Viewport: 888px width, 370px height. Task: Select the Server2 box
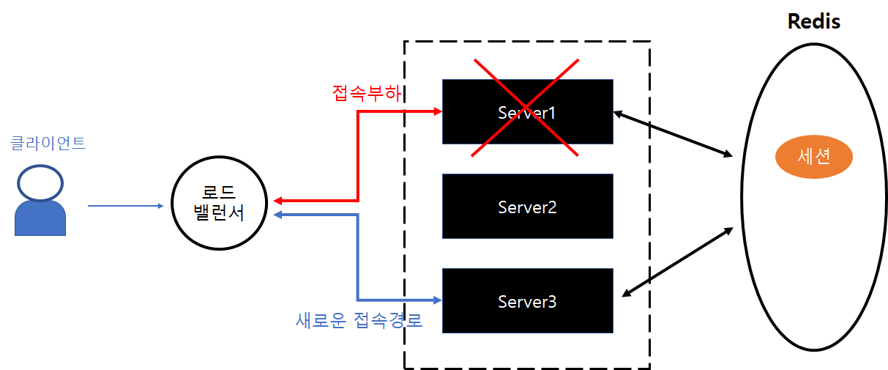coord(527,207)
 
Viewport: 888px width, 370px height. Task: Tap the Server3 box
coord(527,301)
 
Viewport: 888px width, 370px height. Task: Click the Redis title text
coord(813,21)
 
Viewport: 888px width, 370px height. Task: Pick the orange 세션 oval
coord(814,158)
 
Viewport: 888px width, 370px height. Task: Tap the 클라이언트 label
coord(48,142)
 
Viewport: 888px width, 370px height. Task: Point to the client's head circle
coord(40,183)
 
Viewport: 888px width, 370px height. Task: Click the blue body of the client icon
coord(40,219)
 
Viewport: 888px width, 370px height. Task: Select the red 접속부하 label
coord(369,94)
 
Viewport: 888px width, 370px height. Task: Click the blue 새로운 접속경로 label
coord(359,320)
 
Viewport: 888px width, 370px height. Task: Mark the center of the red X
coord(525,108)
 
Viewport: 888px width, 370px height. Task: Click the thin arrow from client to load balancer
coord(124,206)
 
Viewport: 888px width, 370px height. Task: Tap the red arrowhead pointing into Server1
coord(437,111)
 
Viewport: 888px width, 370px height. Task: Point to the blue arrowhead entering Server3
coord(437,300)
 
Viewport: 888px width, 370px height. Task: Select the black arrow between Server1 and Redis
coord(674,134)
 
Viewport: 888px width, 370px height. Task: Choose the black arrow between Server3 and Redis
coord(677,262)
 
